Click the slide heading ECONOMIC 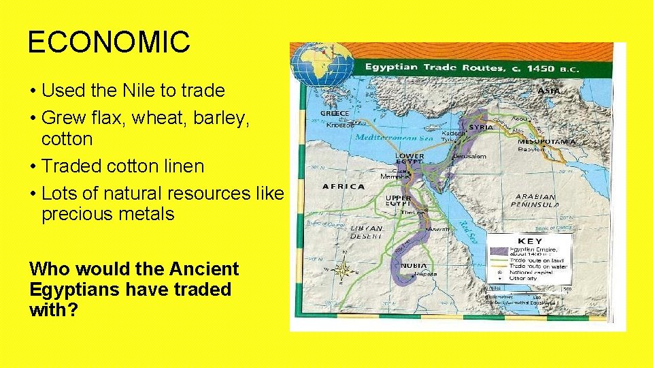[109, 42]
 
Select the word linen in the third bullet [182, 166]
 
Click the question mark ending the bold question [73, 309]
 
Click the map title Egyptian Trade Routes [435, 67]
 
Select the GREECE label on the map [335, 113]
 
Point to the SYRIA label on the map [482, 127]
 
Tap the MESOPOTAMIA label [546, 142]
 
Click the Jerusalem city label [469, 156]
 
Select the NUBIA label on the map [414, 265]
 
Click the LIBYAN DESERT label [366, 232]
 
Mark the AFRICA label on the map [344, 186]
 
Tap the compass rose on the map [344, 270]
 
